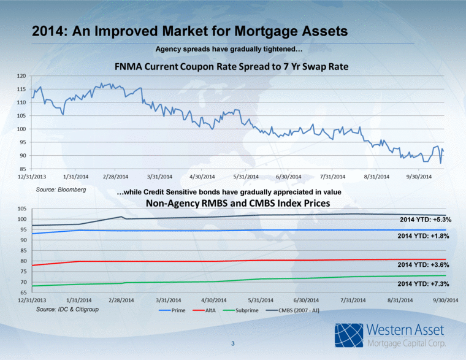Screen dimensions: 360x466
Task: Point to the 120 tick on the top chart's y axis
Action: click(21, 76)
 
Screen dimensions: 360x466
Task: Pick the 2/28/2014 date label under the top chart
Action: click(116, 177)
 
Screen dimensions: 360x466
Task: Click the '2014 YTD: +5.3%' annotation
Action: click(426, 219)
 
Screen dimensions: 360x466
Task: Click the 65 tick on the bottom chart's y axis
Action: click(22, 293)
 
